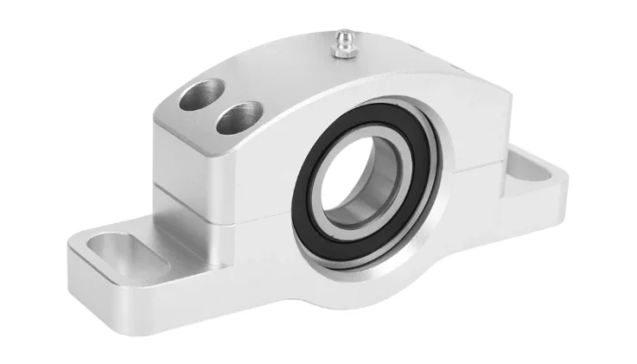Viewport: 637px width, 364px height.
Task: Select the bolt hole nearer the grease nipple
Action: click(x=239, y=116)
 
